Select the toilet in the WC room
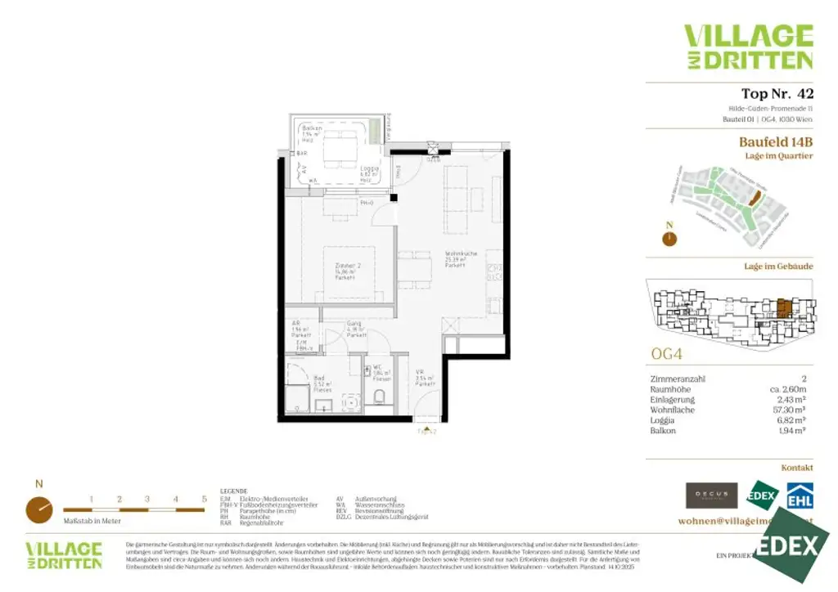(378, 397)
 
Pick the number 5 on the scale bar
(204, 499)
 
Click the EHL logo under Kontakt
(799, 496)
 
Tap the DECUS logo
(711, 496)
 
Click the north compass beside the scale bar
(38, 508)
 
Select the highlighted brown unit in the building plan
(783, 308)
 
